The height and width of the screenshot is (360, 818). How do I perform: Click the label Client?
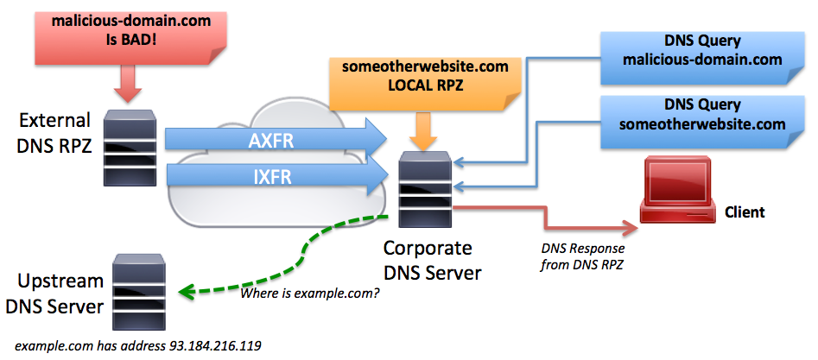pos(745,212)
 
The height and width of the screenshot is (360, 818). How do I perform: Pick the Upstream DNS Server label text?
pos(54,294)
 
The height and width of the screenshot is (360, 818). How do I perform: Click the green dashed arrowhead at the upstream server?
pos(183,292)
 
